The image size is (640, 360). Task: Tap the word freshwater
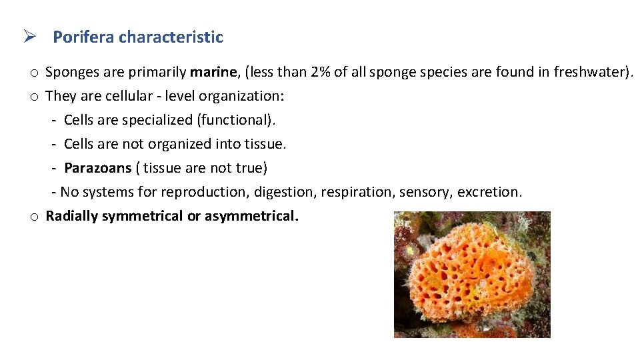click(590, 72)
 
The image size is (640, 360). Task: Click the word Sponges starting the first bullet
click(70, 72)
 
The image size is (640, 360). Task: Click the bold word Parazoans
click(97, 168)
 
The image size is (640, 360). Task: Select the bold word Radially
click(72, 216)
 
